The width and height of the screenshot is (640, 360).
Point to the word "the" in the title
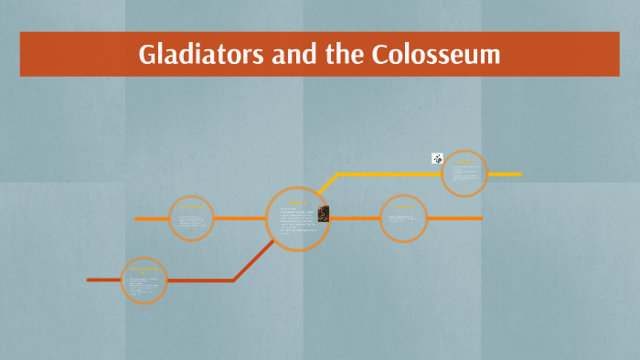[x=343, y=55]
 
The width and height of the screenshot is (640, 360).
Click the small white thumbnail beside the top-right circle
[x=437, y=159]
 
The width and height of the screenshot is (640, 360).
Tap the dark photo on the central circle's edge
[x=323, y=213]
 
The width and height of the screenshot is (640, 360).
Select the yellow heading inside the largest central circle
[x=298, y=203]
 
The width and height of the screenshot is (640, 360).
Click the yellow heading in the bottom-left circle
[x=144, y=270]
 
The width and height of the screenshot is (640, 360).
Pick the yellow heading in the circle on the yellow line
[x=464, y=163]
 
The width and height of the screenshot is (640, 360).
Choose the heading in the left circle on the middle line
[x=192, y=208]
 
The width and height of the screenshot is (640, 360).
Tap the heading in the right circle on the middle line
[x=403, y=208]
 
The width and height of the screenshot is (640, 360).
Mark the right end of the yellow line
[x=519, y=174]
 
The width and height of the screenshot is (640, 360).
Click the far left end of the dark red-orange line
[x=89, y=280]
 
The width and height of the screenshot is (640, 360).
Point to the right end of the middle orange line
[x=480, y=218]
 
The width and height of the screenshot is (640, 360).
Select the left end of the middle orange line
[x=137, y=218]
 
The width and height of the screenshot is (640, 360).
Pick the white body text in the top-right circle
[x=464, y=175]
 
